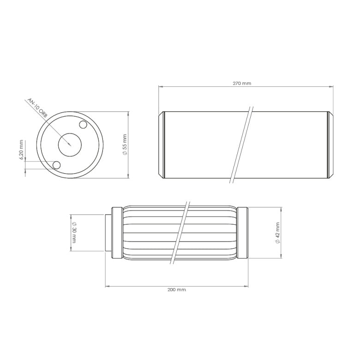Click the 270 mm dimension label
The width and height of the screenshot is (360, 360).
243,84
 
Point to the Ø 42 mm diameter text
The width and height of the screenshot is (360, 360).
277,233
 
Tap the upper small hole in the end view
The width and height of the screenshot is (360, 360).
84,125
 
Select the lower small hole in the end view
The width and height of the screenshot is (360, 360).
57,165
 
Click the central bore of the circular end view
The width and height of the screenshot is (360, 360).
70,145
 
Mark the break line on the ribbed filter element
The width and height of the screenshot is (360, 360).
180,233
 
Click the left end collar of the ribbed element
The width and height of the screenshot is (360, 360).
117,233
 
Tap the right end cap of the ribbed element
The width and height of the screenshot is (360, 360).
243,233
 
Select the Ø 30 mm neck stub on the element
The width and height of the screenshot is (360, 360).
108,233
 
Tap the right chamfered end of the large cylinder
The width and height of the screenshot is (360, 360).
330,144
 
